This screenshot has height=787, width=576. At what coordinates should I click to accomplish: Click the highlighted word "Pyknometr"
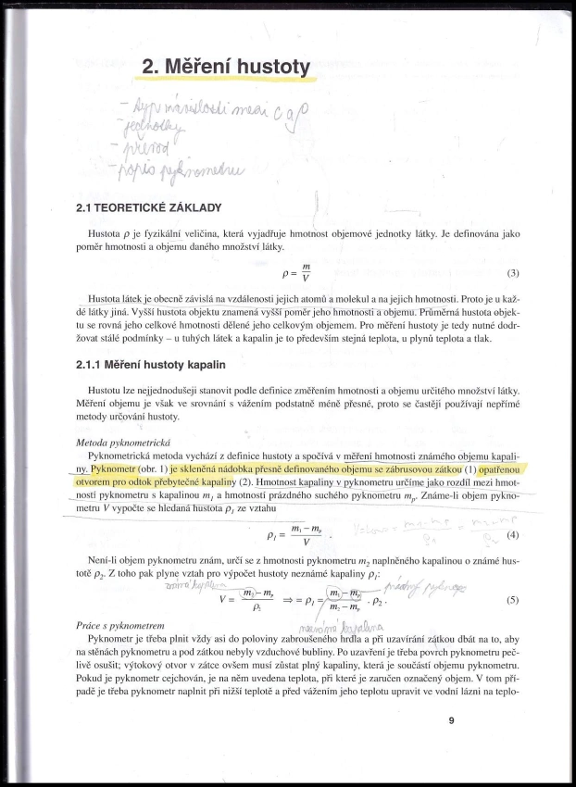click(x=112, y=469)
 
